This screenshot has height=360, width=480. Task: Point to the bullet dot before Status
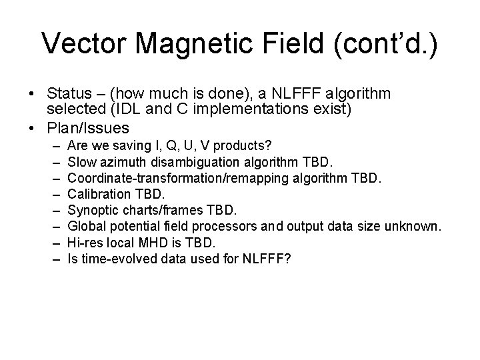coord(34,95)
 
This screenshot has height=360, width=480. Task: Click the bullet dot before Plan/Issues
coord(34,127)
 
